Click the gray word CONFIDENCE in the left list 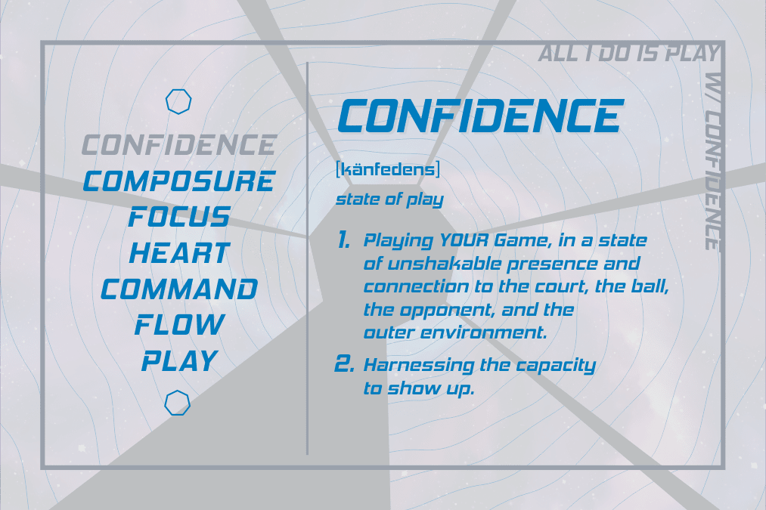coord(179,145)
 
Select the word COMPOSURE coord(179,181)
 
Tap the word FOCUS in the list coord(179,217)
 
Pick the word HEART coord(179,253)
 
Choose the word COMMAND coord(179,289)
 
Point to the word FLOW coord(179,325)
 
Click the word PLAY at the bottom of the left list coord(179,361)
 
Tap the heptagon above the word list coord(178,90)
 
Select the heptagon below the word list coord(178,391)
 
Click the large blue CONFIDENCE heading coord(481,116)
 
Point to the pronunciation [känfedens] coord(388,170)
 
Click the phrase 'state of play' coord(390,199)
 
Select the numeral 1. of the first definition coord(344,240)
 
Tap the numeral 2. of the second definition coord(344,364)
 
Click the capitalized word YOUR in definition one coord(464,240)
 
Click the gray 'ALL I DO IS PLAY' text coord(628,53)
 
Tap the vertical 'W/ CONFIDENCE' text coord(714,162)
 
